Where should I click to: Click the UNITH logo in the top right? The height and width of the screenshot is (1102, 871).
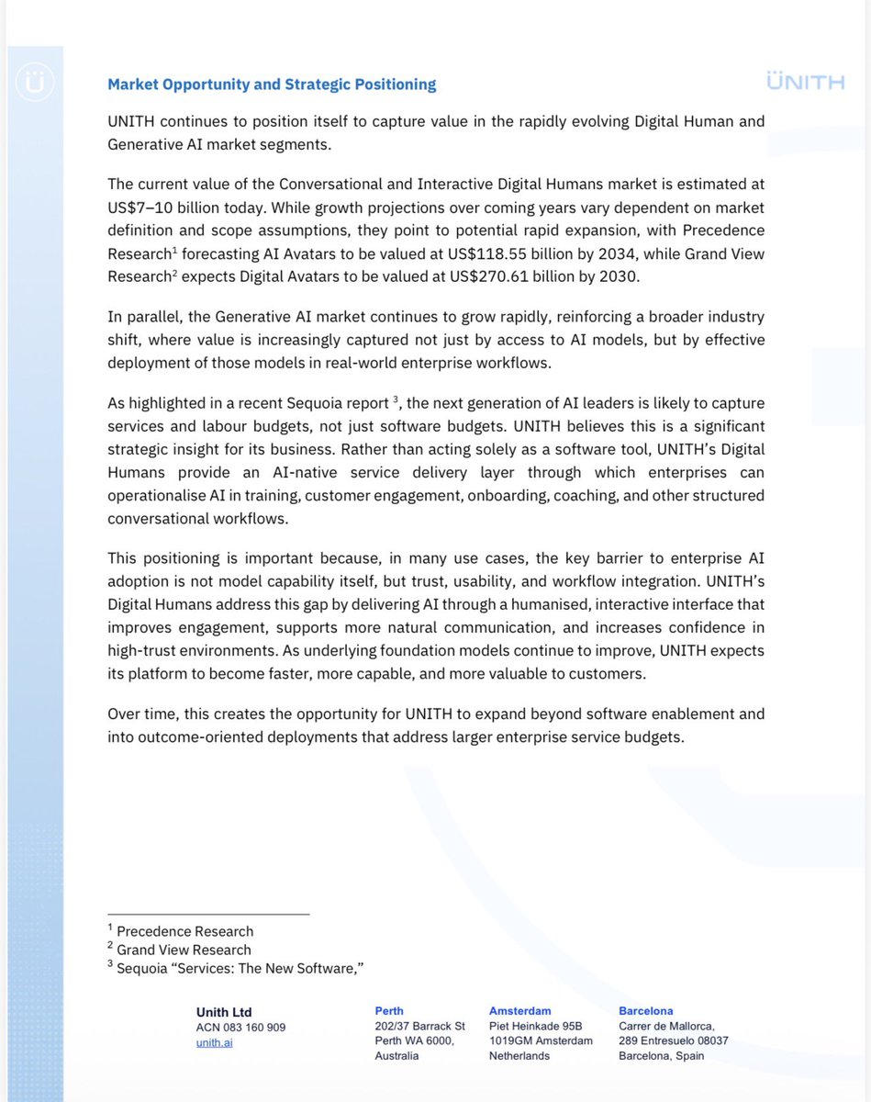[805, 83]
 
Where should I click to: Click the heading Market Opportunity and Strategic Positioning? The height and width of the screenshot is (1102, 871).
[272, 84]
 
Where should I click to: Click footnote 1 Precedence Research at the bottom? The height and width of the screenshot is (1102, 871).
[184, 931]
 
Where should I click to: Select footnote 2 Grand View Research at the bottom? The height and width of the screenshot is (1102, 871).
[183, 950]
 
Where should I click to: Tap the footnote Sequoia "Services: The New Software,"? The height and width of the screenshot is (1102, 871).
[235, 968]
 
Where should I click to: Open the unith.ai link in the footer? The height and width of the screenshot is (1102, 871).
[214, 1043]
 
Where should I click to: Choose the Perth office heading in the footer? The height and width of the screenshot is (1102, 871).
[389, 1010]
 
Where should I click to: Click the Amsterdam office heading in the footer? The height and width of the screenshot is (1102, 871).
[520, 1010]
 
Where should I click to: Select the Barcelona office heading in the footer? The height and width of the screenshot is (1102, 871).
[645, 1010]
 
